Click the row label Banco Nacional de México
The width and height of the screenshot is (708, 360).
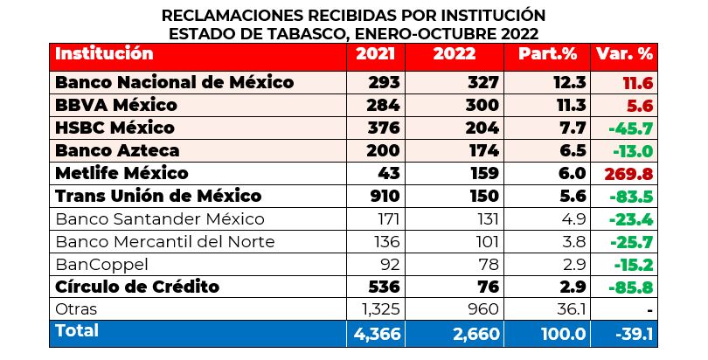[x=173, y=82]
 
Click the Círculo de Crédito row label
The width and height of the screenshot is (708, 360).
[x=136, y=286]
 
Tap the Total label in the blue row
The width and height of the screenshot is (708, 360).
[x=77, y=331]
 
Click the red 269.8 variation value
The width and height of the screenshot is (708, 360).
[x=628, y=173]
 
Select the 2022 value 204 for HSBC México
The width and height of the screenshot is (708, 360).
[x=481, y=128]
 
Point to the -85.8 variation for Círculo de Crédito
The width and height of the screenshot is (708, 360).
[x=631, y=286]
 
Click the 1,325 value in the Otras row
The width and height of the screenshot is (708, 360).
[x=379, y=308]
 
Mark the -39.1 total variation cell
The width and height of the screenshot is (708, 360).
[x=629, y=333]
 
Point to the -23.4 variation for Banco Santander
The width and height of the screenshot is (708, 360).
[x=631, y=218]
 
